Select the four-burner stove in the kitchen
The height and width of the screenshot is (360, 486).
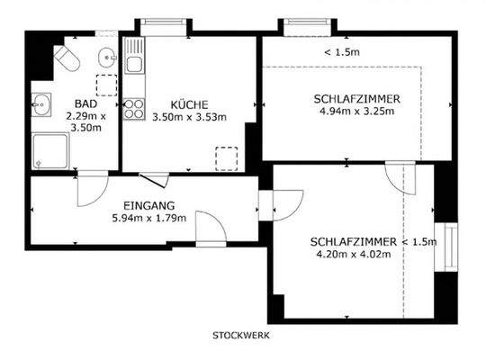coord(134,109)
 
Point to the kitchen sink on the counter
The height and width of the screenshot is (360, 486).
coord(134,63)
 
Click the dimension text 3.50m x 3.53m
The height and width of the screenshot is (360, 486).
coord(189,117)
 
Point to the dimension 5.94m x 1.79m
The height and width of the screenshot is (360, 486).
coord(148,218)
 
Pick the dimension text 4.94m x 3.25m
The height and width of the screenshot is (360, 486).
coord(357,112)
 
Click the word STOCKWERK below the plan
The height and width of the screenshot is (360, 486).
coord(241,335)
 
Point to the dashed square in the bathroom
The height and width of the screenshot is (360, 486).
coord(106,86)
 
